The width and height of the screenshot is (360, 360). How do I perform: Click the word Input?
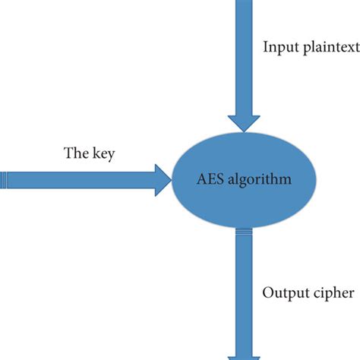[279, 48]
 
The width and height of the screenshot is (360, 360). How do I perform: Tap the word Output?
[285, 292]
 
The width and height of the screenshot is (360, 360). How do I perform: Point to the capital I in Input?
[265, 47]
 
